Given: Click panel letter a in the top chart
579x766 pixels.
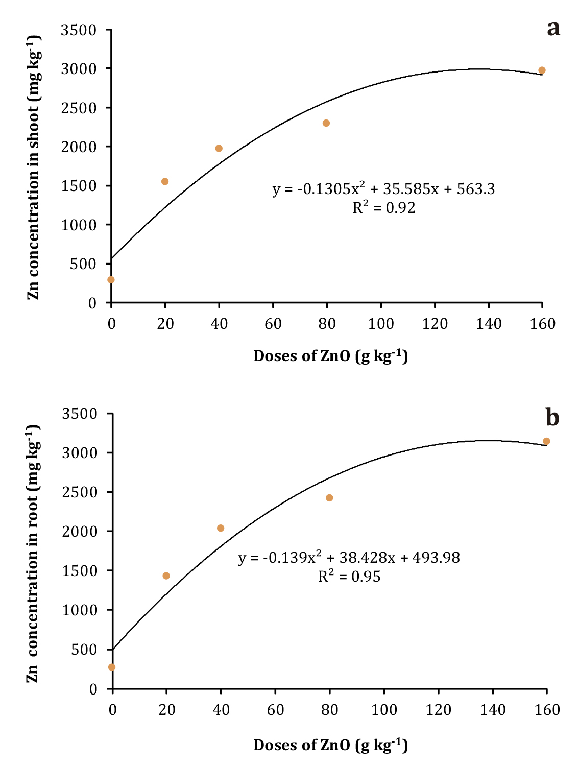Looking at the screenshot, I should pyautogui.click(x=553, y=29).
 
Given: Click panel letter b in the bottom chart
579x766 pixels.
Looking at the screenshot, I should pyautogui.click(x=552, y=418).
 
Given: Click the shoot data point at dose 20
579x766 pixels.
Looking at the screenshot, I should pyautogui.click(x=165, y=182).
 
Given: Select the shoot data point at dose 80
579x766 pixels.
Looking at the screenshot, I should pyautogui.click(x=326, y=123).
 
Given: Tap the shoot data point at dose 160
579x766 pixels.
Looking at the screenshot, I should pyautogui.click(x=542, y=70).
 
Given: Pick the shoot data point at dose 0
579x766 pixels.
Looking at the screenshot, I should pyautogui.click(x=111, y=280).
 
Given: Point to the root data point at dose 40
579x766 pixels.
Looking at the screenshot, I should pyautogui.click(x=221, y=528).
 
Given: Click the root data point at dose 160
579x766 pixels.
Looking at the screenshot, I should pyautogui.click(x=546, y=441).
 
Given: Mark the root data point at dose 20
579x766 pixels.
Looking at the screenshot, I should pyautogui.click(x=166, y=576).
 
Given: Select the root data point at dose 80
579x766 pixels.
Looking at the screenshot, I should pyautogui.click(x=329, y=498).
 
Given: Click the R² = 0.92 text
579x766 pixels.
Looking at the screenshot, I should pyautogui.click(x=384, y=208).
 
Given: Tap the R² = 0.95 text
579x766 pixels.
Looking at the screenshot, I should pyautogui.click(x=349, y=577).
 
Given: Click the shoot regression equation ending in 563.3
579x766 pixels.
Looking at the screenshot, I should pyautogui.click(x=383, y=189).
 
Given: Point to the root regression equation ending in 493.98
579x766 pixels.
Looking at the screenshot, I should pyautogui.click(x=349, y=558).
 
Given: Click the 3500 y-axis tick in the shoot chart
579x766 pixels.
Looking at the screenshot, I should pyautogui.click(x=79, y=31).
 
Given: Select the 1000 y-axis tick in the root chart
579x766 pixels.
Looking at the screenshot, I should pyautogui.click(x=80, y=610).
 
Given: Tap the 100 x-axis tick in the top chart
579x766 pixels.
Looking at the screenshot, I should pyautogui.click(x=381, y=324).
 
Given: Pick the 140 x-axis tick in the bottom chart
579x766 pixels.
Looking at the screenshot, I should pyautogui.click(x=493, y=710).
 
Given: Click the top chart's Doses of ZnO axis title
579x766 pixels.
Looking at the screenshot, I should pyautogui.click(x=330, y=356).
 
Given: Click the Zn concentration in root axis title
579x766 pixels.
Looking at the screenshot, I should pyautogui.click(x=33, y=554).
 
